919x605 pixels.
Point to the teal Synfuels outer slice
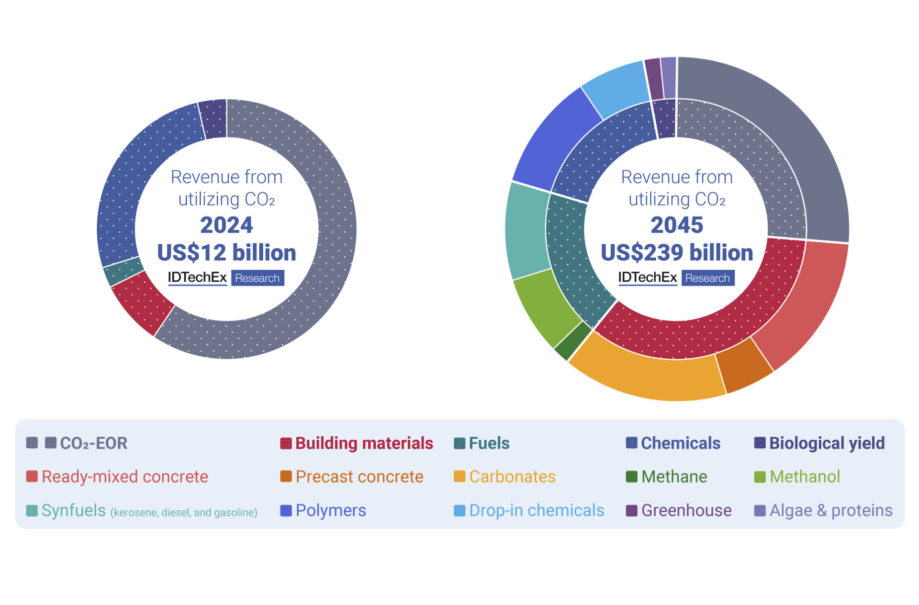pos(527,230)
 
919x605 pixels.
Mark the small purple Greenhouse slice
pos(653,79)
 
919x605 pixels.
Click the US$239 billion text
pos(677,252)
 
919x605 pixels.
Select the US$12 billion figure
pos(226,252)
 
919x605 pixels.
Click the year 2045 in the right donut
pos(677,225)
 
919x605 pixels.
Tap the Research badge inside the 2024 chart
pos(258,278)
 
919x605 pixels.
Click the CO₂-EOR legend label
pos(93,443)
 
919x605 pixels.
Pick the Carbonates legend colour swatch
pos(459,476)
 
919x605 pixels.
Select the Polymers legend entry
pos(330,510)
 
